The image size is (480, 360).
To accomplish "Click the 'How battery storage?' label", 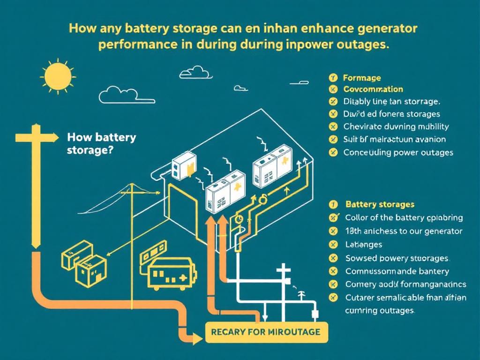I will (x=102, y=144).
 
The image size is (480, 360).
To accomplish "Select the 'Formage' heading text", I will (x=362, y=78).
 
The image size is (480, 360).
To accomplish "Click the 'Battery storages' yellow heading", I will (x=380, y=204).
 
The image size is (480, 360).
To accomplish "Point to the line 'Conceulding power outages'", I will (x=398, y=152).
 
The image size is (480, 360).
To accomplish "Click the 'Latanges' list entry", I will (x=363, y=244).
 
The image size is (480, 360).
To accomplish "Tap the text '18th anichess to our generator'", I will (x=404, y=231).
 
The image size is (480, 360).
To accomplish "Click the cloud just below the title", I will (x=195, y=72).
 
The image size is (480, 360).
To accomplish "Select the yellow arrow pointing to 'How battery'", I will (x=37, y=137).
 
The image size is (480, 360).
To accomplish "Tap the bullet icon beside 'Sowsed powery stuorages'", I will (x=334, y=258).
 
